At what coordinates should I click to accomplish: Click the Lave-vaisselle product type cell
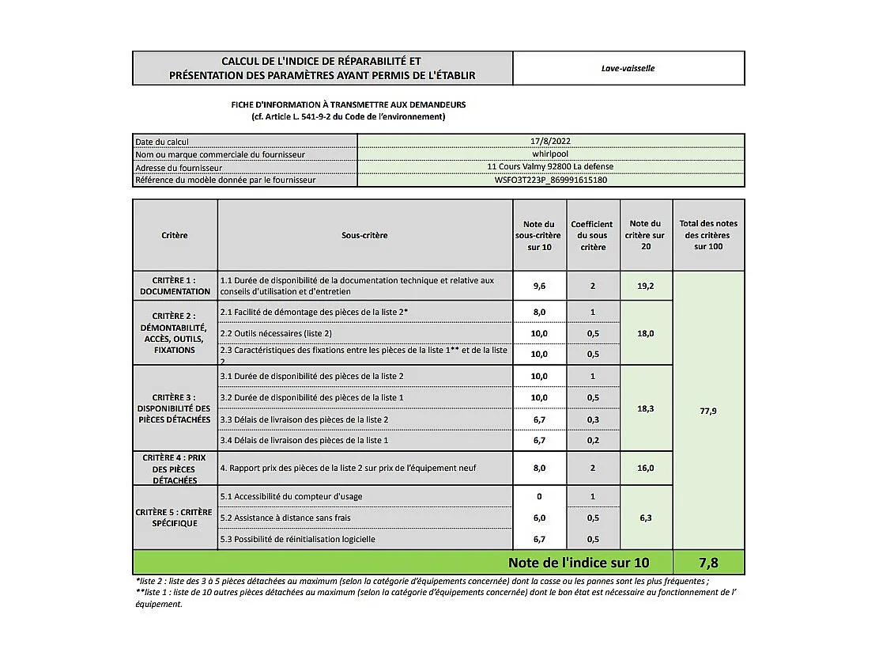tap(628, 68)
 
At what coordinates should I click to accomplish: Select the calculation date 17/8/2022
tap(550, 142)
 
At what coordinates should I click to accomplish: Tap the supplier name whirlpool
tap(550, 154)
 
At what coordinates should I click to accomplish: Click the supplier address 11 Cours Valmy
tap(550, 167)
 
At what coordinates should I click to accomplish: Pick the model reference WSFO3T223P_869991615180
tap(550, 180)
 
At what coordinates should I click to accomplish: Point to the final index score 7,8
tap(707, 563)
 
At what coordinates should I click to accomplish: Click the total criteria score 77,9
tap(708, 411)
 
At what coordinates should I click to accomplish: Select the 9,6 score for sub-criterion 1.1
tap(539, 286)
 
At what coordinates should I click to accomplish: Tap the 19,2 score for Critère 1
tap(646, 286)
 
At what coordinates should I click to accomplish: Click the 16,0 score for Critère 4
tap(646, 468)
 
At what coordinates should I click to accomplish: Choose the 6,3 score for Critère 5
tap(646, 518)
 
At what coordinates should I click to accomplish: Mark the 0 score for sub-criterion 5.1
tap(539, 496)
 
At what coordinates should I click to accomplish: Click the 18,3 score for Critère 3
tap(646, 408)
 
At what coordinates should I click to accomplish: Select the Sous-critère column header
tap(364, 235)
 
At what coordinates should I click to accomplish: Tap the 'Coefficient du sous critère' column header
tap(592, 235)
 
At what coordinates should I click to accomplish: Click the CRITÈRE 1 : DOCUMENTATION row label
tap(175, 286)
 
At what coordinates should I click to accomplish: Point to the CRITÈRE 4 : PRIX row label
tap(175, 468)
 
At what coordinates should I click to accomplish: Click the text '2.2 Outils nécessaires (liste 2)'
tap(276, 333)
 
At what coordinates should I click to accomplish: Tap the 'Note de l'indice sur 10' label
tap(579, 563)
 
